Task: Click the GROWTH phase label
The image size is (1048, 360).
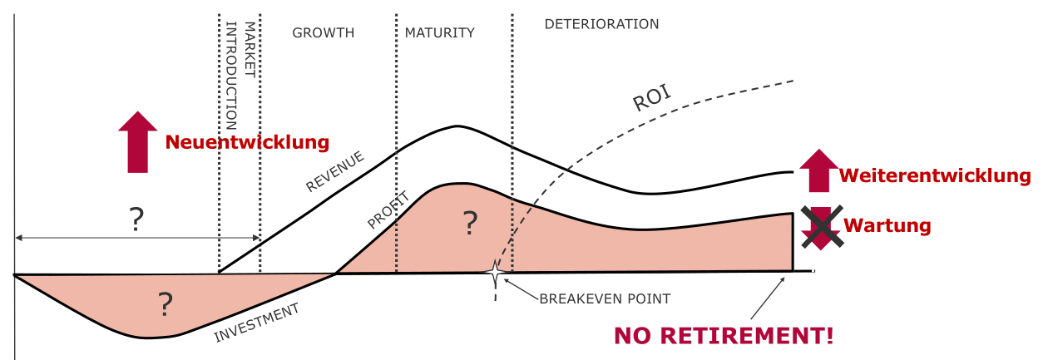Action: (323, 33)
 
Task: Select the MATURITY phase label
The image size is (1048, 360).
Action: (439, 33)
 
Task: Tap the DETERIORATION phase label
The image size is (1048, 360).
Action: (601, 24)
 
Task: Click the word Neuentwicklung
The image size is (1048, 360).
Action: (247, 142)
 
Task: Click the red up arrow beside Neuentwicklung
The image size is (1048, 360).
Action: (137, 142)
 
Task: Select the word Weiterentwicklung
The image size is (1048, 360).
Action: (936, 176)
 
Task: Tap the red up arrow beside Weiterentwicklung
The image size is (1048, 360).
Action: (819, 171)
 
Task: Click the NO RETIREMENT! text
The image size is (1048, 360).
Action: (724, 336)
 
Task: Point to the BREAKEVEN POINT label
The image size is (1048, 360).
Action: (605, 298)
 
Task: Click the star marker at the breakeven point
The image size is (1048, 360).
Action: (495, 272)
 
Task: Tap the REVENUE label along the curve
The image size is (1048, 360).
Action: (335, 172)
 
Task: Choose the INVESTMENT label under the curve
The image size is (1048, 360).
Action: (257, 323)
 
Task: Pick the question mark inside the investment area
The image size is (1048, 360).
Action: (165, 306)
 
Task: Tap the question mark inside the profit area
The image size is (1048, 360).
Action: (470, 222)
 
